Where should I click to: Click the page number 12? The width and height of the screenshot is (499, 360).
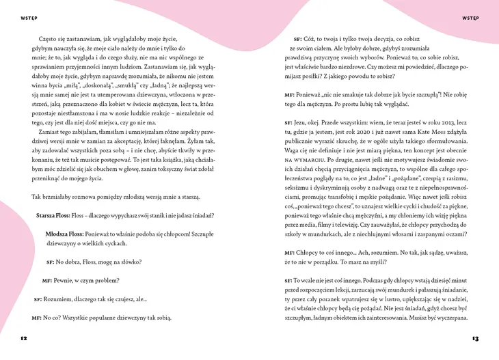tap(23, 338)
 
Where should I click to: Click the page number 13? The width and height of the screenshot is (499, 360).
tap(475, 338)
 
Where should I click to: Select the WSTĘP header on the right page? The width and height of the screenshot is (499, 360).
tap(471, 16)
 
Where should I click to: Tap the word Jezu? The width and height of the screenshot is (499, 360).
tap(304, 121)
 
